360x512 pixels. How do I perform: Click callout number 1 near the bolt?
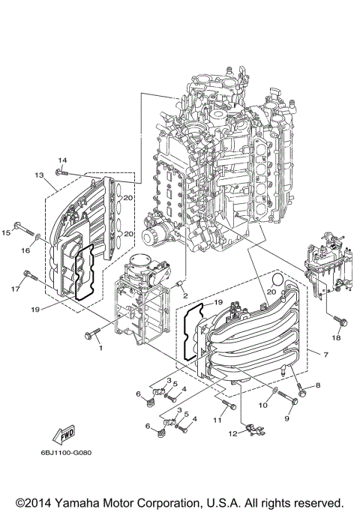click(x=99, y=348)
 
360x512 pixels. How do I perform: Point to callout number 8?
click(x=318, y=385)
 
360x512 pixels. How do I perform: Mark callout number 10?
click(x=262, y=406)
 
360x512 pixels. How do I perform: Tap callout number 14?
click(x=63, y=160)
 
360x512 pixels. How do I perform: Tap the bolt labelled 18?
click(x=340, y=321)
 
